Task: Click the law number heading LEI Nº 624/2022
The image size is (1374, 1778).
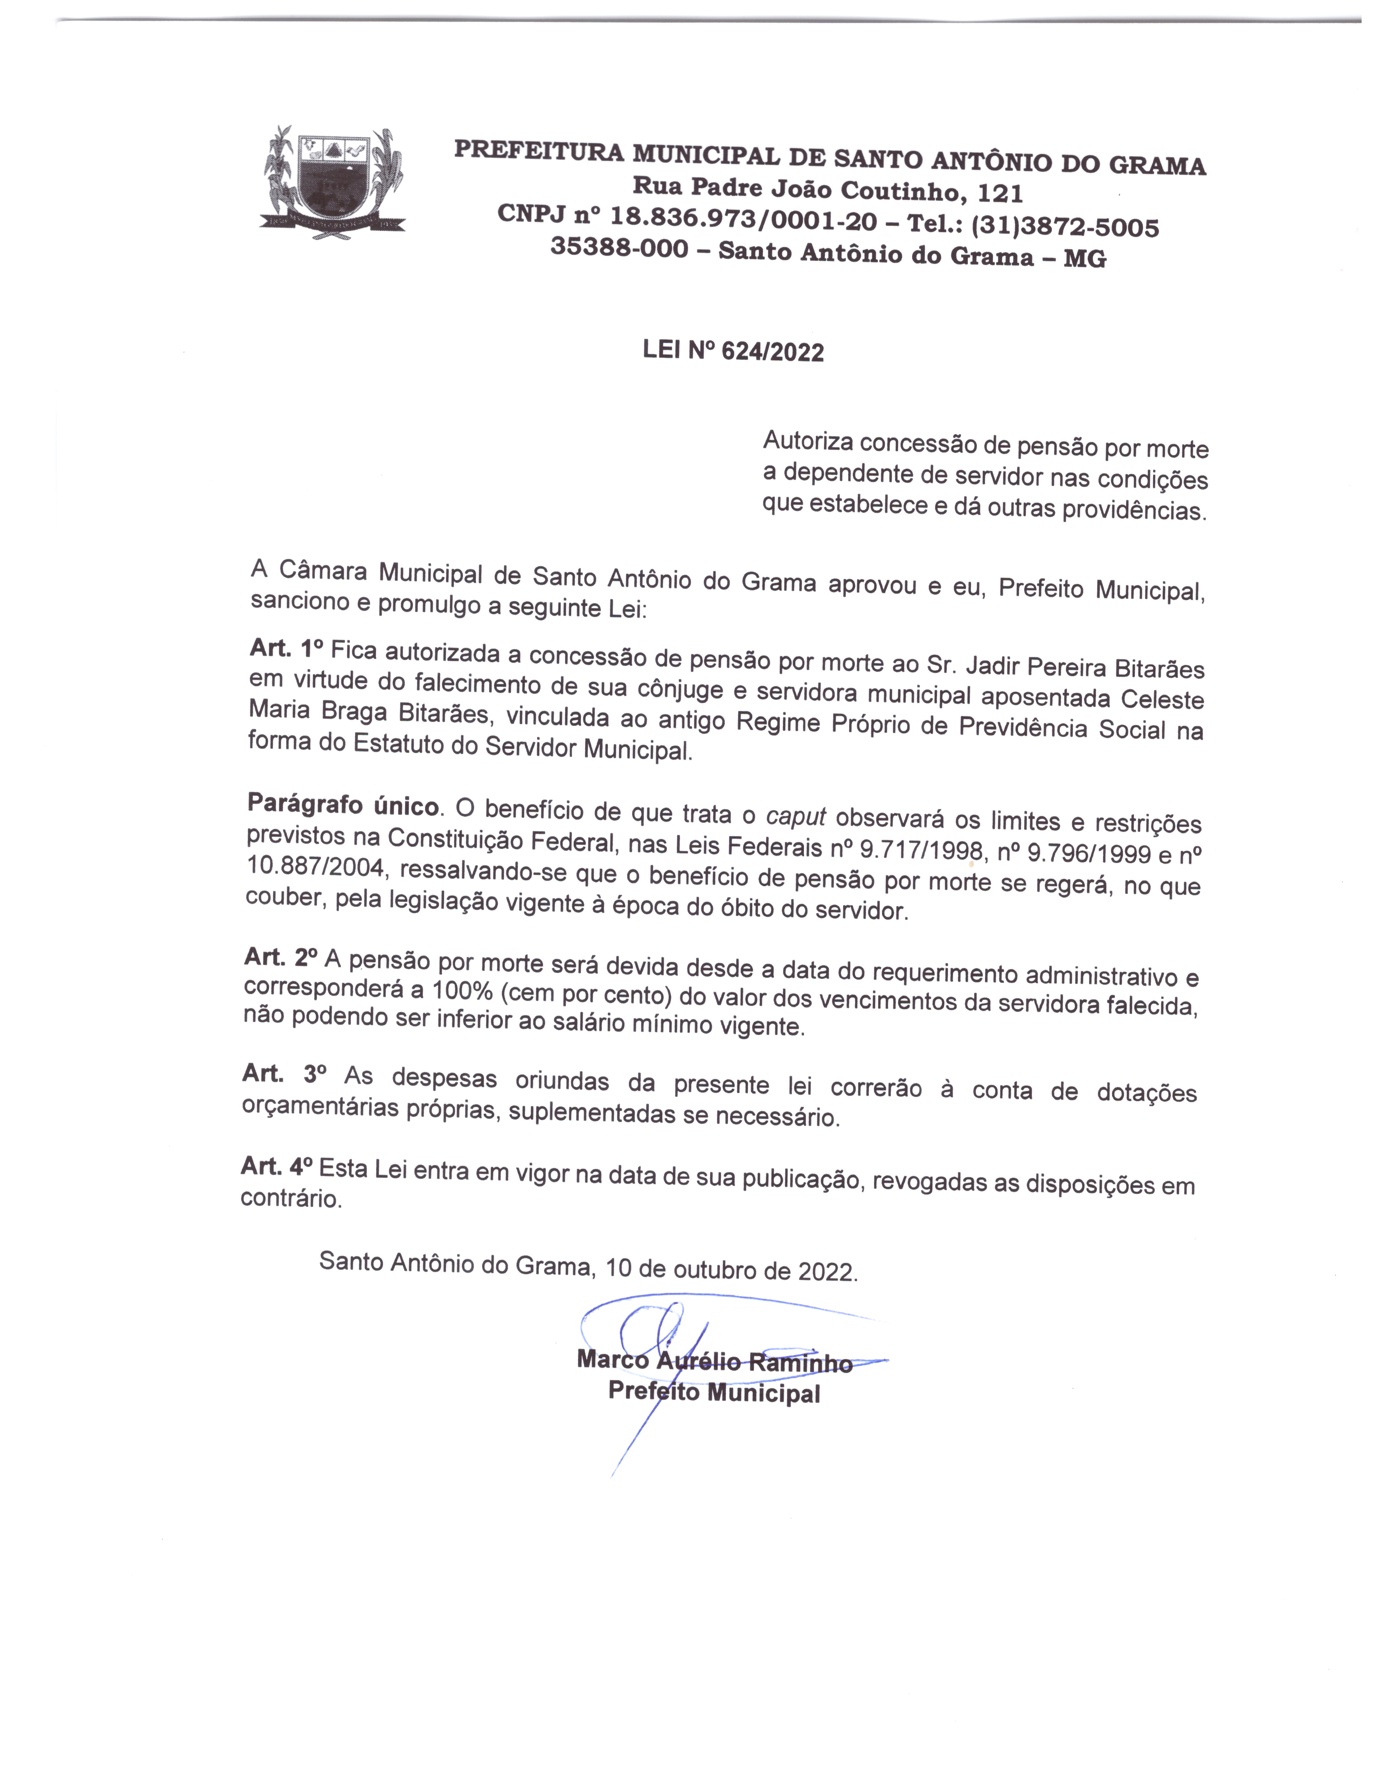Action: coord(733,351)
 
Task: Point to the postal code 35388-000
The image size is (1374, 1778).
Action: coord(619,247)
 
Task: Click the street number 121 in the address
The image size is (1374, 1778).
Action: coord(1000,194)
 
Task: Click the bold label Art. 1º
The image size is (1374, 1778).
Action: coord(287,649)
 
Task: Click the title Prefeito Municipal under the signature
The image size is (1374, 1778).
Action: coord(714,1392)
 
